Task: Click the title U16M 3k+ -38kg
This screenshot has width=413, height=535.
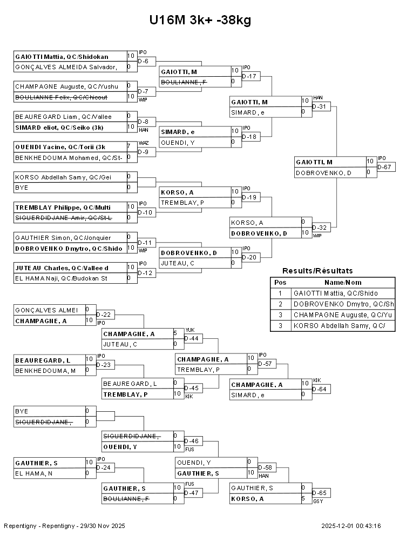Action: (200, 20)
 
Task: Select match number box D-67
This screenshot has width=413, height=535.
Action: (386, 167)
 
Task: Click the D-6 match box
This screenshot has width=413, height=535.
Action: (146, 62)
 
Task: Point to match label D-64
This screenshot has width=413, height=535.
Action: (321, 389)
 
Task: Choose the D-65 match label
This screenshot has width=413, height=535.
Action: (321, 493)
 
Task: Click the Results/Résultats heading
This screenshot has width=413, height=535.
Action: (317, 271)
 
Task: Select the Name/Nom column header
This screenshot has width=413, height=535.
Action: (343, 283)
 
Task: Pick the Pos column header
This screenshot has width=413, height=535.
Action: (280, 283)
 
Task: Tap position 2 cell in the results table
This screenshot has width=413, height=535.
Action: (280, 304)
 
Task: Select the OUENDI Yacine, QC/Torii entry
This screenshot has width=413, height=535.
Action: (60, 147)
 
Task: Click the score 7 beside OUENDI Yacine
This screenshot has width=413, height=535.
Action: (129, 146)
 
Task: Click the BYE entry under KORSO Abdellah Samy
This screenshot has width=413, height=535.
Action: (22, 188)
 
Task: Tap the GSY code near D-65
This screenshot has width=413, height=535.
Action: (318, 501)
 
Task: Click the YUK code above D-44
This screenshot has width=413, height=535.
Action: (190, 330)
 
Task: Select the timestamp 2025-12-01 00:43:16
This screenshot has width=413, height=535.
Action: (351, 526)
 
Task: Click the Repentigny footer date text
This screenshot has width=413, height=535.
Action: (64, 526)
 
